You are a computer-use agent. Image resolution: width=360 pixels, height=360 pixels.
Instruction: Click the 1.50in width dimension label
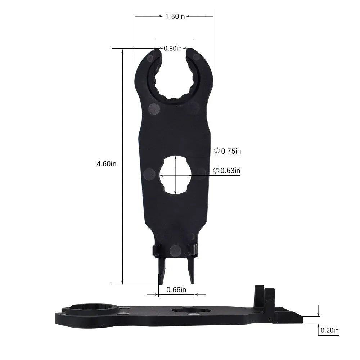pyautogui.click(x=175, y=16)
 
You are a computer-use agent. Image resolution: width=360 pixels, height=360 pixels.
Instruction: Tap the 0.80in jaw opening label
pyautogui.click(x=173, y=48)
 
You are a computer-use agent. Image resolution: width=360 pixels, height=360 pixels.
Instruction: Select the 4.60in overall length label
pyautogui.click(x=106, y=164)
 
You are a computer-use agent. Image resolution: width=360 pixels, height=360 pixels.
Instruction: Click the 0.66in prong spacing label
pyautogui.click(x=176, y=290)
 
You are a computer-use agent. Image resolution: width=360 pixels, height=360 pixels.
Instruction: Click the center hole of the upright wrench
pyautogui.click(x=175, y=175)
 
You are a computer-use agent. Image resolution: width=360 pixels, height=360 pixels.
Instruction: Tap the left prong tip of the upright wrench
pyautogui.click(x=161, y=281)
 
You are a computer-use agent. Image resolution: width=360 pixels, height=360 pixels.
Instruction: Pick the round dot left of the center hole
pyautogui.click(x=149, y=174)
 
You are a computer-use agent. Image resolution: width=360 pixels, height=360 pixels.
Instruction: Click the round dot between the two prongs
pyautogui.click(x=175, y=250)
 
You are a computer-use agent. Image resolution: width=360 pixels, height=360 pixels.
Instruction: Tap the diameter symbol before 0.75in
pyautogui.click(x=217, y=152)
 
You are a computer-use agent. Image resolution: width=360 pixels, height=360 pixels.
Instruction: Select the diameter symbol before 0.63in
pyautogui.click(x=216, y=171)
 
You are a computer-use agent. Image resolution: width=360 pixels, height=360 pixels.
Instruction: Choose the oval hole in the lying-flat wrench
pyautogui.click(x=191, y=310)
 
